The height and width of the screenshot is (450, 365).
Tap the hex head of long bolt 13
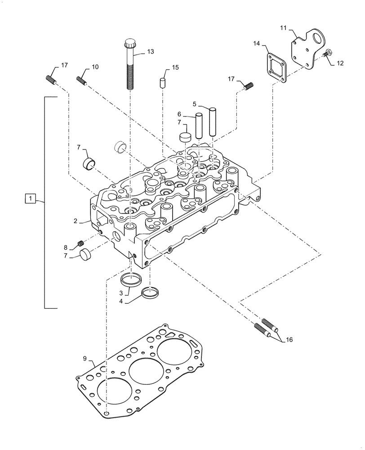point(129,45)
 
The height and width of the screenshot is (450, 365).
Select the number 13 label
point(150,52)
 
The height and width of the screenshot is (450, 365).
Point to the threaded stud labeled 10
point(81,81)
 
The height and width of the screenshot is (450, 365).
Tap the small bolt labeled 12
point(327,54)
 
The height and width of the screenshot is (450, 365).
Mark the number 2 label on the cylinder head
point(76,221)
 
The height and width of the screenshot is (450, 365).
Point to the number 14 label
point(256,43)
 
